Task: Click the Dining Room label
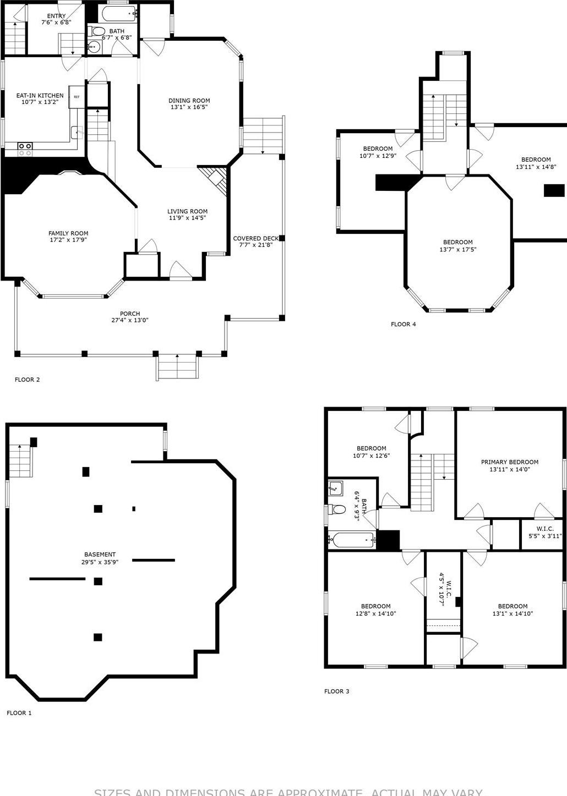coord(189,101)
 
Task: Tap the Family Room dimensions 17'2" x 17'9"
coord(68,240)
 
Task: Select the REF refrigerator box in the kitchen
coord(76,97)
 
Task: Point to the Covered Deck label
coord(255,238)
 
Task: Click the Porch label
coord(130,314)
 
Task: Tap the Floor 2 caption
coord(27,380)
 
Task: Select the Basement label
coord(100,555)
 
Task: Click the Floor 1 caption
coord(19,713)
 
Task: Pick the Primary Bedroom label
coord(509,462)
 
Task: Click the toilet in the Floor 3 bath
coord(336,509)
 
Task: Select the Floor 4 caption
coord(403,324)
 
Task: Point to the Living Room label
coord(187,211)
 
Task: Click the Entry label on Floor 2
coord(56,16)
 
